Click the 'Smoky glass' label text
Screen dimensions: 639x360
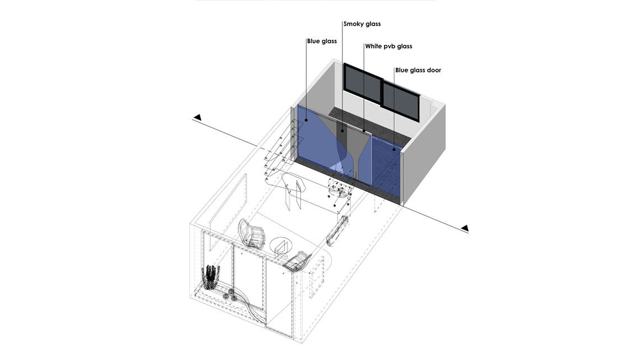(362, 24)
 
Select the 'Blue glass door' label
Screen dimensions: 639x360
(418, 70)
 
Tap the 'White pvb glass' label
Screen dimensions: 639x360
(388, 47)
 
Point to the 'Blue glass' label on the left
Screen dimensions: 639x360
(322, 41)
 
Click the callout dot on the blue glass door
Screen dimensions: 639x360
(394, 150)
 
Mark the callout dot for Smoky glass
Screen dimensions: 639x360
(342, 131)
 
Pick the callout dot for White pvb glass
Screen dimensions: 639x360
(364, 131)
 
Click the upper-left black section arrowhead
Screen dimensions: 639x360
(198, 117)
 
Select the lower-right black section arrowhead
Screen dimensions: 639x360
(465, 228)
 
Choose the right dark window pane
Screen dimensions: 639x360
(401, 99)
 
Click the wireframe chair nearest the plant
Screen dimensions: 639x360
(252, 233)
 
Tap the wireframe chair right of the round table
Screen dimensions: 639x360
(297, 261)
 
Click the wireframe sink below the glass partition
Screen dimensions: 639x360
(340, 188)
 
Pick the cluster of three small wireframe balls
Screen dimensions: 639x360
(230, 295)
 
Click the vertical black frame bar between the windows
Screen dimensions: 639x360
(382, 92)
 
